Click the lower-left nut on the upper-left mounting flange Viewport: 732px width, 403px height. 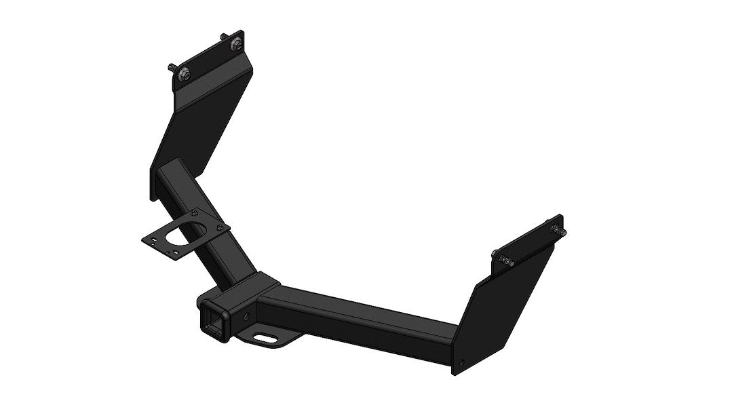186,75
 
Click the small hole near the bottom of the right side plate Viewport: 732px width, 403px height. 463,362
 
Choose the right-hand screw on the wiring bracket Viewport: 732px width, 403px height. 218,229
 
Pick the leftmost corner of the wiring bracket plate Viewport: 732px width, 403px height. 143,237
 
